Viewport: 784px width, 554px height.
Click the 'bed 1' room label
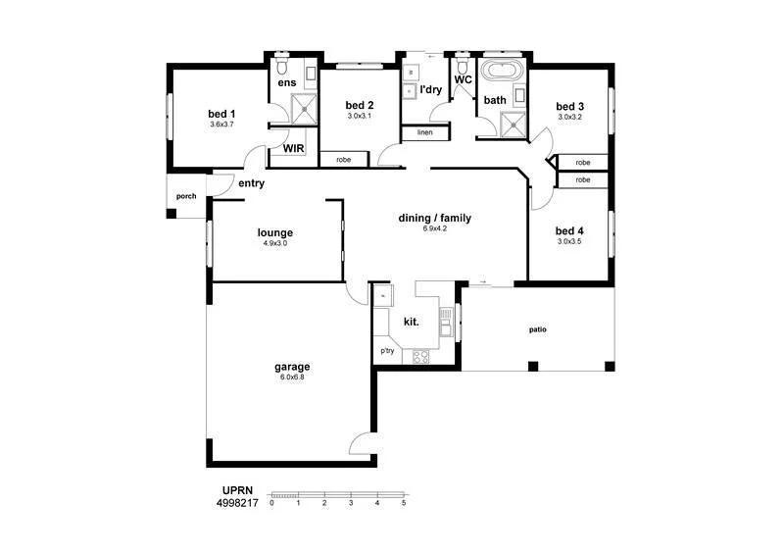(221, 113)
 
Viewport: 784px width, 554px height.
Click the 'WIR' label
(293, 149)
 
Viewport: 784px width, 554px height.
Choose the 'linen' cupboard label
(424, 132)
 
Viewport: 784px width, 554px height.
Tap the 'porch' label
(185, 196)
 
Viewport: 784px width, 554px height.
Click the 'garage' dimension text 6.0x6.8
(292, 378)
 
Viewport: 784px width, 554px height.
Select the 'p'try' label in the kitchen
(388, 350)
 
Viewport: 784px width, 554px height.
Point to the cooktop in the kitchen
(421, 357)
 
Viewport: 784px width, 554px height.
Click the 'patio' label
(538, 329)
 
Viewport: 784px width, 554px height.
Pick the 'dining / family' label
(434, 218)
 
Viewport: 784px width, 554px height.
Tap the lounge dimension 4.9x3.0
(275, 243)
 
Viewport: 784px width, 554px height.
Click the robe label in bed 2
(344, 159)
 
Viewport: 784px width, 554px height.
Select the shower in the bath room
(513, 124)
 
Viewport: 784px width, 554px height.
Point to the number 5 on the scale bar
(404, 503)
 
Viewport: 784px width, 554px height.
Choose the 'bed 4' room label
(569, 229)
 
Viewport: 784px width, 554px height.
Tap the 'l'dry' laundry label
(430, 90)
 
